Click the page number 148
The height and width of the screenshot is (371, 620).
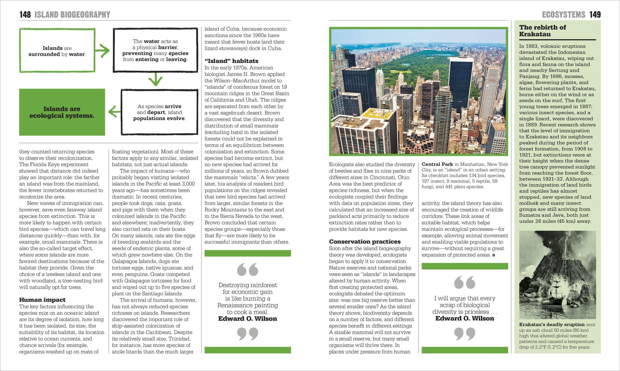(25, 15)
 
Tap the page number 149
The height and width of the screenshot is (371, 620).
(595, 15)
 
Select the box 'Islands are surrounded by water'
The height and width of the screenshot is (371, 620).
(57, 51)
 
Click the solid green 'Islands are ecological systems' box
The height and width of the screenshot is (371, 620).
(62, 112)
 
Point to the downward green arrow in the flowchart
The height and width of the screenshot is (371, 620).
(155, 80)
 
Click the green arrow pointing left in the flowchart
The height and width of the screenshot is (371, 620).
(114, 112)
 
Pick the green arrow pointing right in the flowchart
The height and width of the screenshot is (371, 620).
(103, 51)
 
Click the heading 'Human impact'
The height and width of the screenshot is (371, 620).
(42, 300)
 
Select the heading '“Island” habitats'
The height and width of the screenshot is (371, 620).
(231, 61)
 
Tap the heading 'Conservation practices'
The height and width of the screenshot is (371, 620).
(365, 242)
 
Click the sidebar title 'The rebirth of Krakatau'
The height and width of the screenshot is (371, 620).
(542, 31)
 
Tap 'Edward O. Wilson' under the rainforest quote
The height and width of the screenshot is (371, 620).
(247, 319)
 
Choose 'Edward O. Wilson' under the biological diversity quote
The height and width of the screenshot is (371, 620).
(464, 318)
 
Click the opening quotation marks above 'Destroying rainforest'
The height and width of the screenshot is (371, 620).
(247, 270)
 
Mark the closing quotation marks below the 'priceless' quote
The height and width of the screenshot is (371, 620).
(464, 334)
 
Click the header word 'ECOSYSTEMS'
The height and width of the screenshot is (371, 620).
(563, 15)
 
